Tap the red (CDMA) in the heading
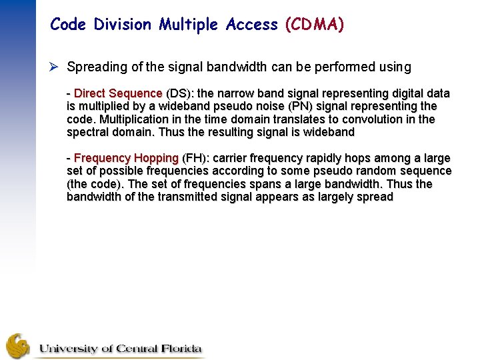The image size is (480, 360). tap(315, 25)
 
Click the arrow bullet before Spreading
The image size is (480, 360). tap(55, 67)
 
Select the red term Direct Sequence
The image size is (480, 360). tap(118, 93)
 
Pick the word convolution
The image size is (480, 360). tap(366, 119)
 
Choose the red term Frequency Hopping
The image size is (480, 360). tap(126, 158)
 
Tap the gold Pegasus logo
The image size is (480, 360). tap(18, 345)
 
